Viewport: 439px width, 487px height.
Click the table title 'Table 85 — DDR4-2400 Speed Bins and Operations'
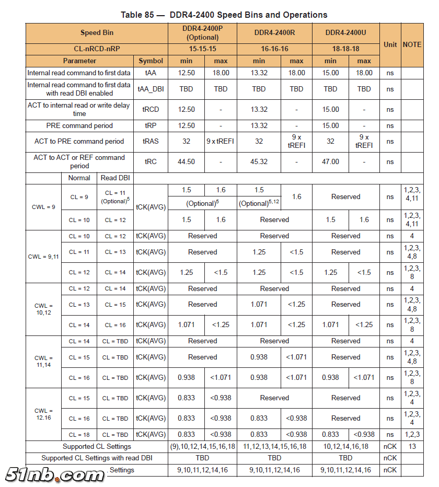point(224,15)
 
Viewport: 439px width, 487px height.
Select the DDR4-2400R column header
point(274,32)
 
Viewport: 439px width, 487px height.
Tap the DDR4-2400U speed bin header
point(345,32)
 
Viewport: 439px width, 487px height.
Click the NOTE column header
point(412,44)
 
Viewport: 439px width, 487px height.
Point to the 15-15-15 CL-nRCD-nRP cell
point(202,49)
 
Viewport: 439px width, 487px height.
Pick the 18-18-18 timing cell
point(345,49)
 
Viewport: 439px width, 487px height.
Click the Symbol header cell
point(151,61)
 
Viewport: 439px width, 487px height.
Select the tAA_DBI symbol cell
point(151,89)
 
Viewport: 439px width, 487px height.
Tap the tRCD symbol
point(151,109)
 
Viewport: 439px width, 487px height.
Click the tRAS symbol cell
point(151,141)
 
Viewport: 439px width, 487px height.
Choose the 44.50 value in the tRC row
point(186,161)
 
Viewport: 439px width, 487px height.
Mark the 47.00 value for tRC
point(330,161)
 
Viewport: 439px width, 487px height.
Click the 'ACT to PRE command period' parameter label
point(79,141)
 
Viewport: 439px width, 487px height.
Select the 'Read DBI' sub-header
point(115,178)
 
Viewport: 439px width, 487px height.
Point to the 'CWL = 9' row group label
point(44,207)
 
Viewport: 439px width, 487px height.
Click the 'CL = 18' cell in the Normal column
point(79,434)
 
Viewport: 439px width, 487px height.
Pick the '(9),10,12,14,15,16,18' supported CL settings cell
point(202,447)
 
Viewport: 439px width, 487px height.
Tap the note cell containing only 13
point(412,447)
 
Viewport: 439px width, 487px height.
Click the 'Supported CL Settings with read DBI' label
point(97,458)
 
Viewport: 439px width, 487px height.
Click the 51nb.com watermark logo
point(55,474)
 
